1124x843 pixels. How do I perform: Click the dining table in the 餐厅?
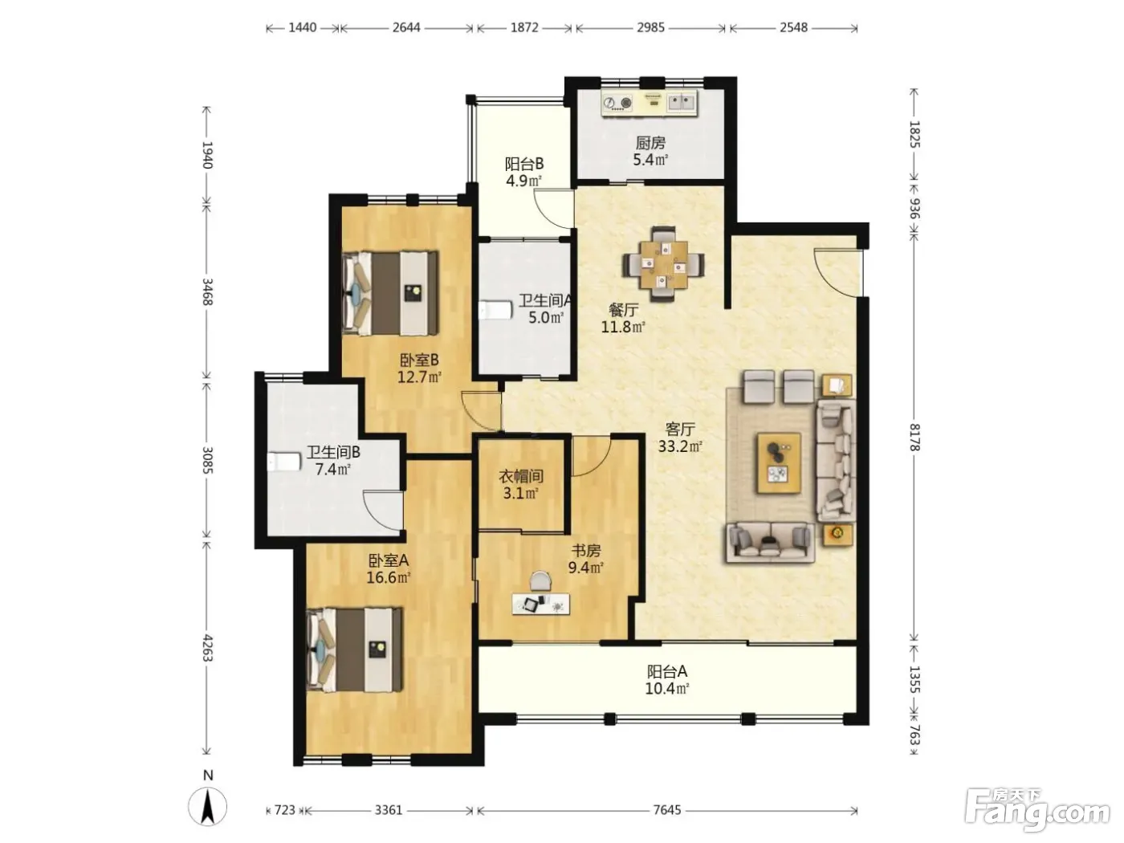664,264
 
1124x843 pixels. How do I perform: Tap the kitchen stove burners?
617,103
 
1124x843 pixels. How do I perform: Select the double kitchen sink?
682,102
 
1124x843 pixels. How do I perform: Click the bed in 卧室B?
390,293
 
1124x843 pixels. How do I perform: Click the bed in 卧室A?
354,650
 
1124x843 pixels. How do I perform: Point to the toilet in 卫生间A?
495,310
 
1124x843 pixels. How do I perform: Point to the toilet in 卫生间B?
283,461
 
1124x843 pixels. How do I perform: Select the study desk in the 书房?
541,604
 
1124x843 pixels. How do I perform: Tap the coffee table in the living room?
780,463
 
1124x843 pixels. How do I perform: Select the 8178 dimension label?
914,437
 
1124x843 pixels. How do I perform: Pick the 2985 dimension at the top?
650,27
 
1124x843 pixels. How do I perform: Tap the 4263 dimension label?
207,647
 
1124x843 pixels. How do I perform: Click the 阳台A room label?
666,671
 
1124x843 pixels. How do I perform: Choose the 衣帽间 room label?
521,477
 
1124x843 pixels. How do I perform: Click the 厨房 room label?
650,143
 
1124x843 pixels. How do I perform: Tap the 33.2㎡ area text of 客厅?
679,446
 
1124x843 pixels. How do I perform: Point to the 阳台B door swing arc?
546,211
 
